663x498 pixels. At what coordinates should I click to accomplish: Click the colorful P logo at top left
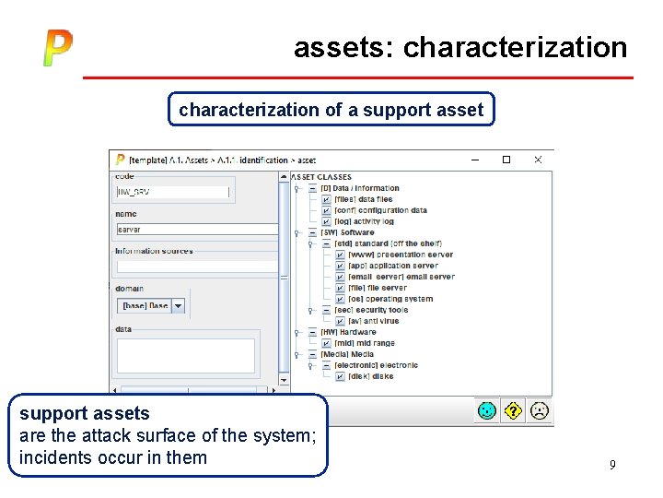[x=57, y=48]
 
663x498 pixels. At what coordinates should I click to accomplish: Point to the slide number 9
[x=612, y=465]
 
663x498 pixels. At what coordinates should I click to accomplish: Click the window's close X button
[x=538, y=160]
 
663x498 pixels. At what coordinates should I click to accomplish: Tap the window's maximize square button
[x=506, y=160]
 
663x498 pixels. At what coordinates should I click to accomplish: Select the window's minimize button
[x=474, y=160]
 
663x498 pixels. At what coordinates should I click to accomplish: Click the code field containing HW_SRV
[x=172, y=193]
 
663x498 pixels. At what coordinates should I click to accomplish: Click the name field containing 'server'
[x=196, y=230]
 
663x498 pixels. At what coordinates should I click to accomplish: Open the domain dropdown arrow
[x=178, y=305]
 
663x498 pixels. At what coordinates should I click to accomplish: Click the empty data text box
[x=185, y=355]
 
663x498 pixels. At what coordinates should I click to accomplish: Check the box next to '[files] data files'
[x=327, y=199]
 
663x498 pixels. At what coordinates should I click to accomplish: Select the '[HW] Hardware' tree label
[x=348, y=332]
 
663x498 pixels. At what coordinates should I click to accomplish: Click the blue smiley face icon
[x=487, y=409]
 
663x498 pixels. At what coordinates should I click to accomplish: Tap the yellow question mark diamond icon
[x=513, y=409]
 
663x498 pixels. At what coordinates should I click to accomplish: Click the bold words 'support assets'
[x=85, y=413]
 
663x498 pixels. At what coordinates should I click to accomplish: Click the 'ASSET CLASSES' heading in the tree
[x=321, y=177]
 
